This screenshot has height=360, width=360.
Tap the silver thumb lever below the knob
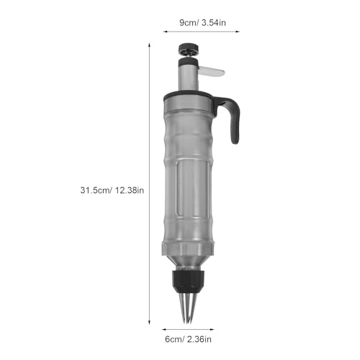(x=212, y=71)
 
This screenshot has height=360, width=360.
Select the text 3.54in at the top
(x=214, y=22)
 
